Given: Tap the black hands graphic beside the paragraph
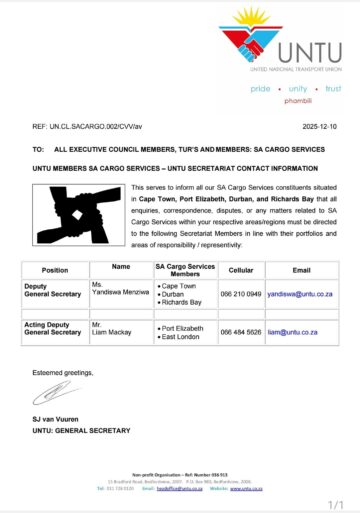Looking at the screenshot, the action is [x=79, y=218].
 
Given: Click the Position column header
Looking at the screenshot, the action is [x=55, y=270].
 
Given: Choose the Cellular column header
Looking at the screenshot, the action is [x=240, y=270].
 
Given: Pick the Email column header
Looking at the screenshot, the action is [x=302, y=270].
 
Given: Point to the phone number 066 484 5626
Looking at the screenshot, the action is [x=241, y=332].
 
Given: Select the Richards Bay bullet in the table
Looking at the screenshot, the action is [x=181, y=303].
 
